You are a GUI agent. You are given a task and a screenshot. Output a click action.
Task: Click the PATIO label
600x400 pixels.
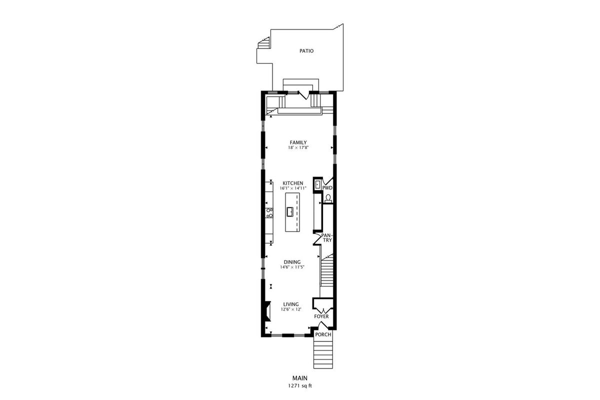tap(306, 51)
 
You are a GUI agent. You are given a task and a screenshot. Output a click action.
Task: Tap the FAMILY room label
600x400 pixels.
tap(298, 142)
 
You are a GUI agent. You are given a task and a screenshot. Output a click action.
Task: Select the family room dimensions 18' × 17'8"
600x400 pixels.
tap(298, 147)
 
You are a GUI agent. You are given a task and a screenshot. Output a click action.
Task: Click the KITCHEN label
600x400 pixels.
tap(293, 183)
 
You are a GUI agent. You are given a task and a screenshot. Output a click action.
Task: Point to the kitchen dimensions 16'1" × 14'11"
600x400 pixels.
tap(293, 188)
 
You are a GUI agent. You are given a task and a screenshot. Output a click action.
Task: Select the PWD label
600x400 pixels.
tap(327, 188)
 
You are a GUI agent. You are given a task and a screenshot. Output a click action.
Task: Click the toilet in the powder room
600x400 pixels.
tap(328, 199)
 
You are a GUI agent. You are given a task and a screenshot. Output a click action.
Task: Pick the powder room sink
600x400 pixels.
tap(317, 184)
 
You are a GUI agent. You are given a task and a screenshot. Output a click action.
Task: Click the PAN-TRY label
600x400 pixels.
tap(326, 237)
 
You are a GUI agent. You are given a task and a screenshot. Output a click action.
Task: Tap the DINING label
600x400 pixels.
tap(292, 262)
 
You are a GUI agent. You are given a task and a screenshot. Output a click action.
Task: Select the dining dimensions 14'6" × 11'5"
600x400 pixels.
tap(292, 267)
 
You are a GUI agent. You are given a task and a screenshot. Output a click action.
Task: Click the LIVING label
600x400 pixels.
tap(291, 304)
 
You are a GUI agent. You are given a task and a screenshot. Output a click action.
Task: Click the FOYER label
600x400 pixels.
tap(321, 316)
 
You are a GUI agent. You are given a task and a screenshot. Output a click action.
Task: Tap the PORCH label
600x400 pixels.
tap(323, 334)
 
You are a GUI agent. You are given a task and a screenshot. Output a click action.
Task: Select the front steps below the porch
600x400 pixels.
tap(323, 353)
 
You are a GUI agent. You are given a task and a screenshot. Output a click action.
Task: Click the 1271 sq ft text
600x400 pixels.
tap(300, 386)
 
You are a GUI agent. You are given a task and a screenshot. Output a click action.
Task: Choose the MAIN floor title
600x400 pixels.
tap(300, 378)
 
